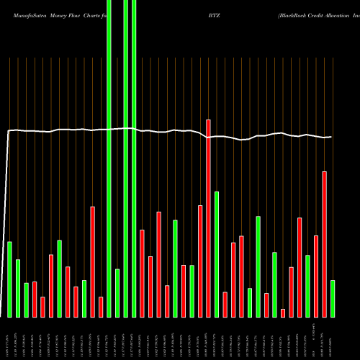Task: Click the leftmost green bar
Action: pyautogui.click(x=10, y=279)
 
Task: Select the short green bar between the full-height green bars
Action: pyautogui.click(x=117, y=293)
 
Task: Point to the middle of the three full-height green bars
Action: pyautogui.click(x=125, y=158)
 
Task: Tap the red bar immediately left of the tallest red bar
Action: pyautogui.click(x=200, y=261)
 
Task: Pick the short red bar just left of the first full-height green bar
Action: pyautogui.click(x=101, y=307)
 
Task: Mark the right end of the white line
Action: pyautogui.click(x=332, y=137)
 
